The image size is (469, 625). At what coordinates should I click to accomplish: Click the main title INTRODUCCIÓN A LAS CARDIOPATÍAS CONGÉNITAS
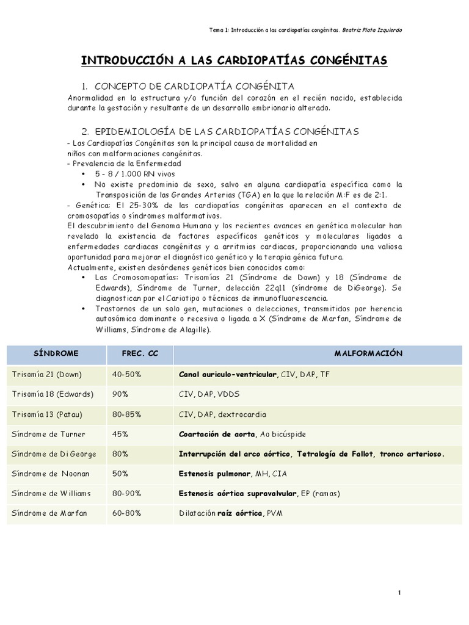coord(234,61)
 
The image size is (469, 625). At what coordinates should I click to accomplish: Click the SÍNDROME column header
coord(52,354)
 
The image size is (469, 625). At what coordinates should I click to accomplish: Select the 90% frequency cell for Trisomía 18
coord(120,394)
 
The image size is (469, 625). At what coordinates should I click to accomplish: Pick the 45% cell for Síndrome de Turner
coord(120,434)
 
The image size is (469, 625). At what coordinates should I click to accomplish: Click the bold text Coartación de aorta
coord(216,434)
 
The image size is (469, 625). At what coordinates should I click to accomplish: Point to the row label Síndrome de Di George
coord(51,454)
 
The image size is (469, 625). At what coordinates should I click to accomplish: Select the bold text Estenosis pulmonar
coord(214,474)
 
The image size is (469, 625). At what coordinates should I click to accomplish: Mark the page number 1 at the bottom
coord(399,592)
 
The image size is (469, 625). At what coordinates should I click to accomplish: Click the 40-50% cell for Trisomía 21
coord(126,374)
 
